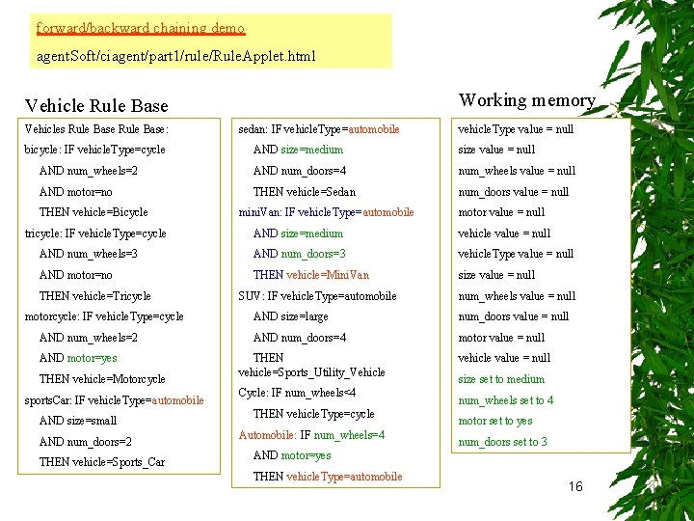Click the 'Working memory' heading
click(526, 100)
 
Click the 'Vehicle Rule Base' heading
click(96, 106)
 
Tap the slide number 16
click(575, 487)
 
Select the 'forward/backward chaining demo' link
click(141, 28)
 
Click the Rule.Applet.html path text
click(175, 56)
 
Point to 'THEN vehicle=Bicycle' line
click(93, 212)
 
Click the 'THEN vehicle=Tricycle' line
click(95, 296)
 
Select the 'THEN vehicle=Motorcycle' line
click(102, 379)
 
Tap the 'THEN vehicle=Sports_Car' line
click(102, 462)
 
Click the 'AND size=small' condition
click(78, 421)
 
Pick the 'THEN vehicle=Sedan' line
click(305, 192)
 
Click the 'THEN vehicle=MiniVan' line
click(310, 275)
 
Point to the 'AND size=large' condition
click(291, 316)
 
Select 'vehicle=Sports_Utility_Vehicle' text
click(311, 372)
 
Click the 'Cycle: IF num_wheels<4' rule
click(297, 393)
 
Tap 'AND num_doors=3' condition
click(300, 254)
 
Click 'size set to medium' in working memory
click(501, 379)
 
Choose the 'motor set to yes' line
click(495, 421)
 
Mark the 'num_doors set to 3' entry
click(502, 442)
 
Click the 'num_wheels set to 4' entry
click(506, 400)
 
